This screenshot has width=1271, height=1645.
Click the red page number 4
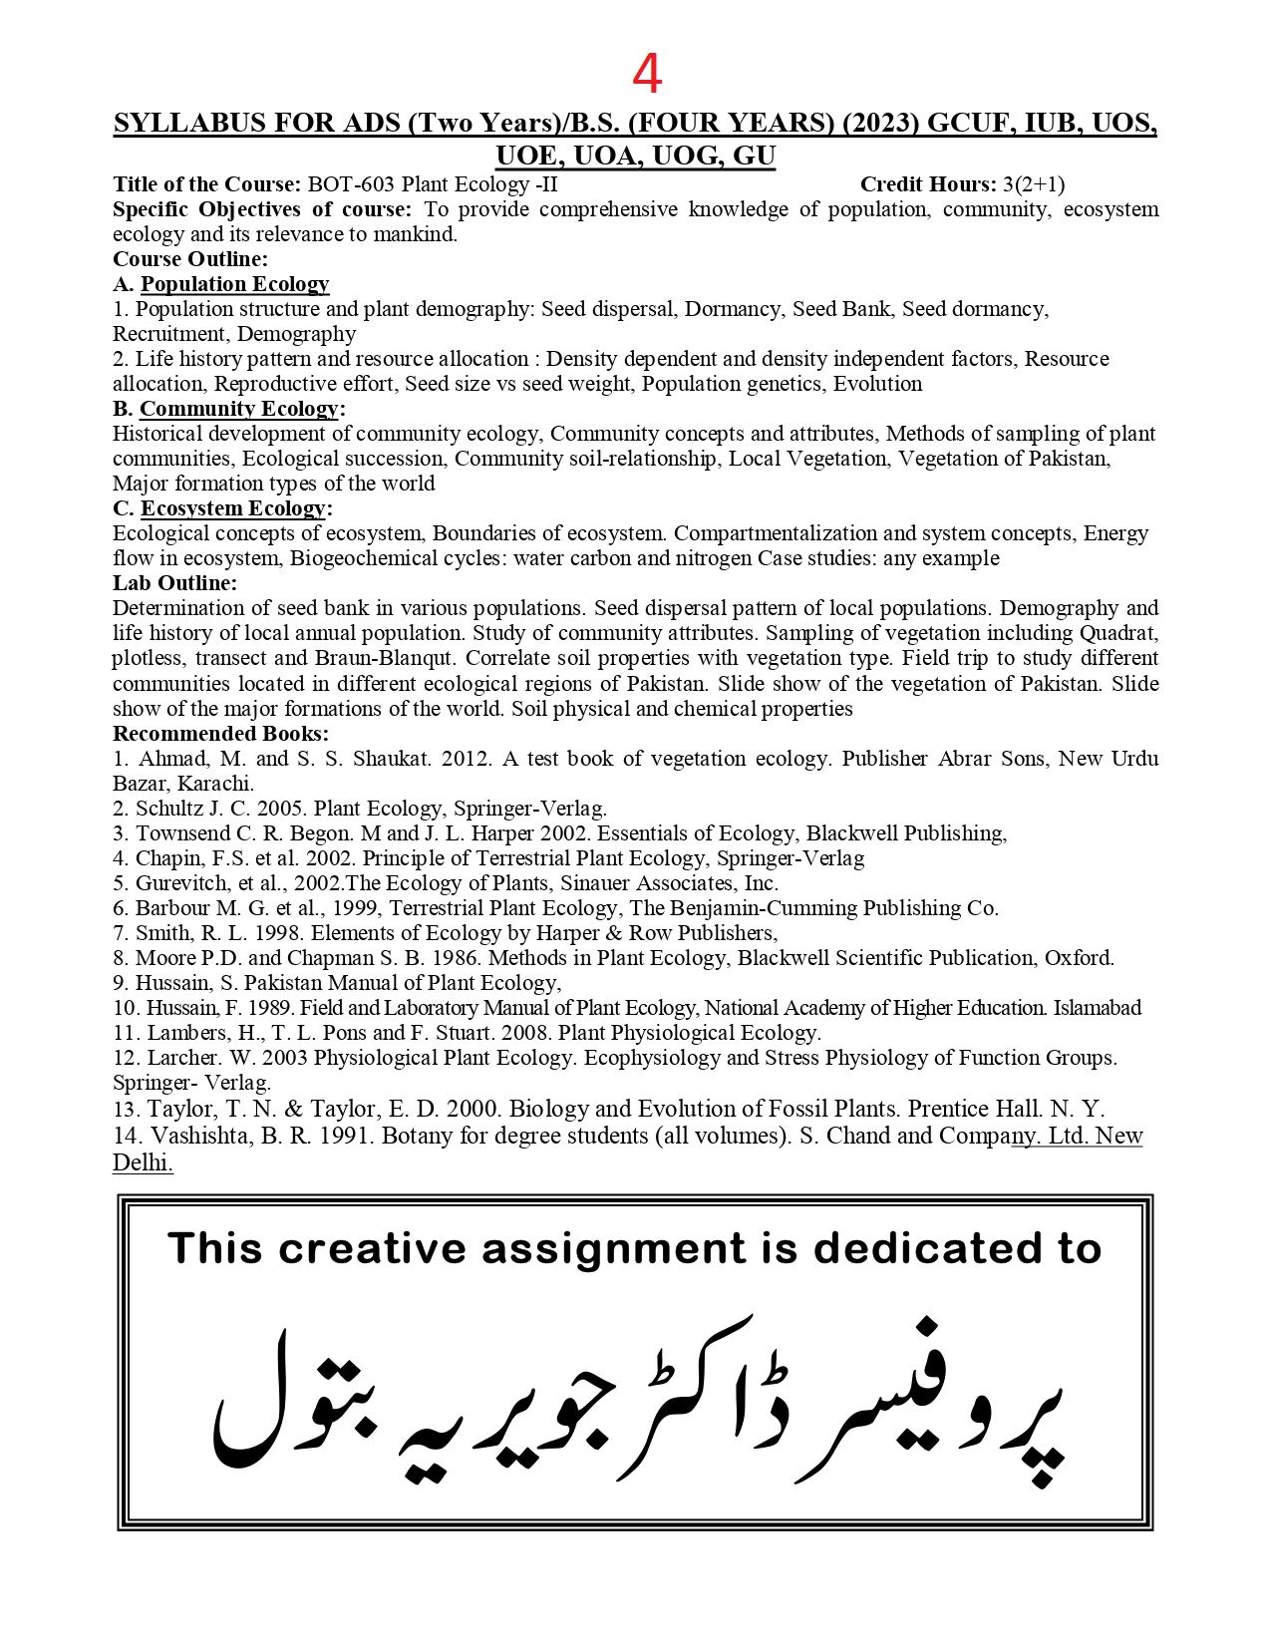(x=647, y=74)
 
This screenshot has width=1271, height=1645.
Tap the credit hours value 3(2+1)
(x=1034, y=184)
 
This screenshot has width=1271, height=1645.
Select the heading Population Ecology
(x=234, y=284)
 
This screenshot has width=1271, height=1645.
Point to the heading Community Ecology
(x=239, y=409)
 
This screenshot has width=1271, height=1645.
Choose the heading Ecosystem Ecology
(x=233, y=508)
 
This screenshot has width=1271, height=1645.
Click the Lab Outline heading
(x=174, y=583)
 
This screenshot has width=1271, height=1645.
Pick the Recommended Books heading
(x=220, y=734)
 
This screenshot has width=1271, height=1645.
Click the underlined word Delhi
(x=143, y=1162)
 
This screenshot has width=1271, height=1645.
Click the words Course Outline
(x=190, y=259)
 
